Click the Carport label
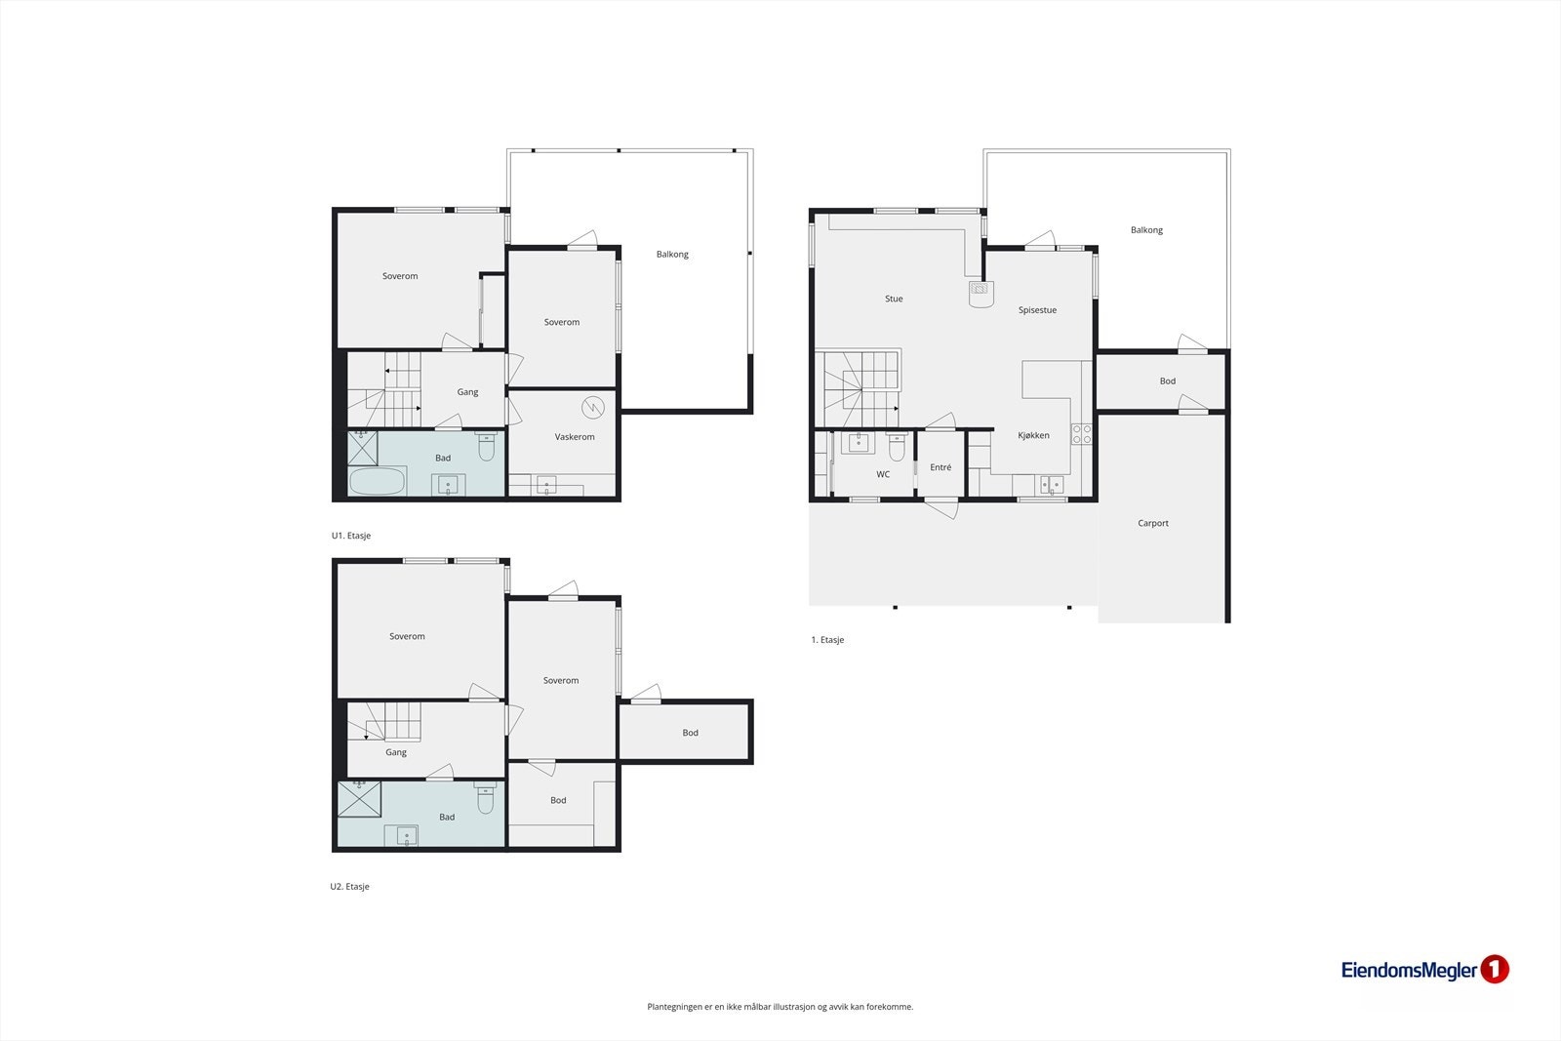(x=1152, y=523)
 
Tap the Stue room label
(x=894, y=299)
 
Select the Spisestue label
(x=1037, y=310)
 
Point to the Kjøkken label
(x=1033, y=435)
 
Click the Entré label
(x=941, y=467)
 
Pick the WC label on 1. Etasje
(x=883, y=475)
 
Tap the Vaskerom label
(x=575, y=437)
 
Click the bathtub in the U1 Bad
(x=377, y=482)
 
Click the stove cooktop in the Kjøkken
(x=1081, y=434)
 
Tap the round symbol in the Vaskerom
(x=592, y=407)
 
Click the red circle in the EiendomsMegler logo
(x=1495, y=969)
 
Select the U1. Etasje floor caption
(x=351, y=536)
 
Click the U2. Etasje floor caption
(x=350, y=887)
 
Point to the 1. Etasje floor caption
(x=827, y=640)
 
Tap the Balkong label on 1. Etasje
(x=1146, y=230)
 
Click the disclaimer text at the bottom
(x=780, y=1007)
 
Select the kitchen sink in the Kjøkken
(x=1052, y=485)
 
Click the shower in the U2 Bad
(x=359, y=799)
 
